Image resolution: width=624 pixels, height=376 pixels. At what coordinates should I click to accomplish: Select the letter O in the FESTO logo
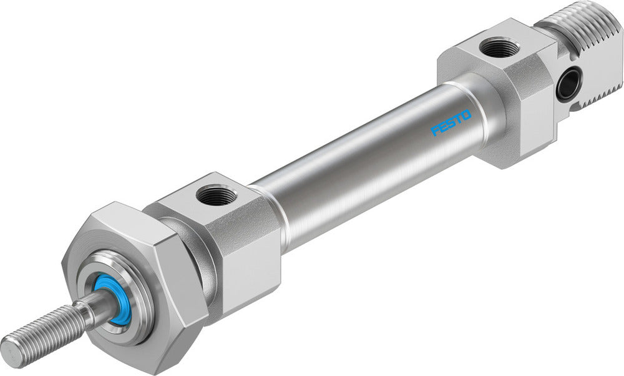[467, 114]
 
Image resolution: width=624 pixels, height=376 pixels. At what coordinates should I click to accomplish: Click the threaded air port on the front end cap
[215, 197]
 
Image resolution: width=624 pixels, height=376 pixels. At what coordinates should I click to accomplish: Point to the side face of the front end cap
[250, 262]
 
